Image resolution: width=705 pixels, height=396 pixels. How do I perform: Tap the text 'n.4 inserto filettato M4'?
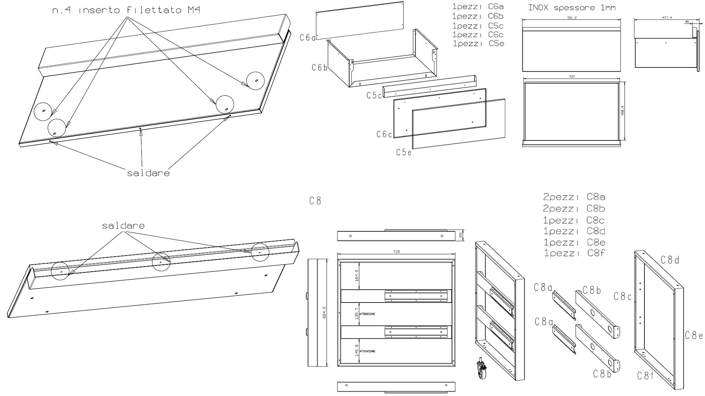pyautogui.click(x=126, y=10)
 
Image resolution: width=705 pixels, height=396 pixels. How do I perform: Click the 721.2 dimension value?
pyautogui.click(x=572, y=18)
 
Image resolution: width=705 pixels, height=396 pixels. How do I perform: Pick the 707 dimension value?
pyautogui.click(x=572, y=77)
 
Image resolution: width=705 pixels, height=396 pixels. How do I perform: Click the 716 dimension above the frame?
pyautogui.click(x=396, y=252)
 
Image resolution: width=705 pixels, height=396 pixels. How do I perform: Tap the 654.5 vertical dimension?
pyautogui.click(x=324, y=313)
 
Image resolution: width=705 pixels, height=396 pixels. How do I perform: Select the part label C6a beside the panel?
pyautogui.click(x=308, y=37)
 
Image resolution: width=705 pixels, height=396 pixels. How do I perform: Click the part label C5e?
pyautogui.click(x=404, y=152)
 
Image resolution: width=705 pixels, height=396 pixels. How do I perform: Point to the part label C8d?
pyautogui.click(x=670, y=260)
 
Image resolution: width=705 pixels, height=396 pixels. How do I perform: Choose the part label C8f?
pyautogui.click(x=646, y=375)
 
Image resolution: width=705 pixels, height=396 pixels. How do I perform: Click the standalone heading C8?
pyautogui.click(x=315, y=201)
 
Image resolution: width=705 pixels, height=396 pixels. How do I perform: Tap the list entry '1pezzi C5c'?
pyautogui.click(x=478, y=26)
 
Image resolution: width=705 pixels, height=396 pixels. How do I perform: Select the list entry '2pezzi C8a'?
pyautogui.click(x=574, y=197)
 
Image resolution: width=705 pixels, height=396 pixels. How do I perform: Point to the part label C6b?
pyautogui.click(x=319, y=68)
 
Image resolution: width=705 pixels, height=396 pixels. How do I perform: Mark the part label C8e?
pyautogui.click(x=694, y=335)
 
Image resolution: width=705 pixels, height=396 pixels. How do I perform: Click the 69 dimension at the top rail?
pyautogui.click(x=460, y=235)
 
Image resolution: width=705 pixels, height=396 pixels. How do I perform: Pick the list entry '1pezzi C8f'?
pyautogui.click(x=574, y=253)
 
